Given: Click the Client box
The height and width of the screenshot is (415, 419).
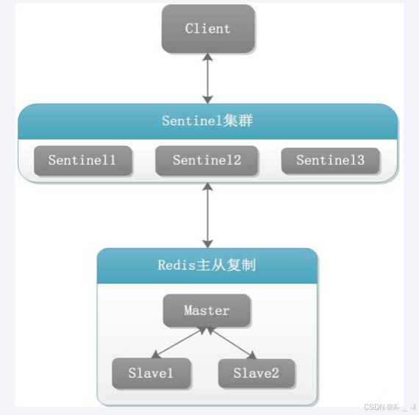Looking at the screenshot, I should [x=207, y=29].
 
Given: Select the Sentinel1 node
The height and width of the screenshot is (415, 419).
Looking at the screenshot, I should [x=82, y=160].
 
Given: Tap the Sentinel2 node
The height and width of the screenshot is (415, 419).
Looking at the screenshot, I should [x=207, y=160].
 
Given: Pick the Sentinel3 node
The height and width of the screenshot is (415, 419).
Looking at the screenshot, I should [x=330, y=160].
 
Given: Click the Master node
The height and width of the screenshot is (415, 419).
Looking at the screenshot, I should [x=207, y=311].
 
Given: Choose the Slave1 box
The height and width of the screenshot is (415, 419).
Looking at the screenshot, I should [x=151, y=373].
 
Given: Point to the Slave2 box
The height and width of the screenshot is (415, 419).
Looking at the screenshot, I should [x=257, y=373].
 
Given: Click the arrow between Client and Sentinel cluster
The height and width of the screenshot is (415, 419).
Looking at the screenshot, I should [x=207, y=77].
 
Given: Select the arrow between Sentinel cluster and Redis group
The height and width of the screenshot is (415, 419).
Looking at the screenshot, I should [x=207, y=216].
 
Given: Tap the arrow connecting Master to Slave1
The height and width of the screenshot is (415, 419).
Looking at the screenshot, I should [x=179, y=344].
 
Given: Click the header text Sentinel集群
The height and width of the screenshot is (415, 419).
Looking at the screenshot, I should [x=207, y=121].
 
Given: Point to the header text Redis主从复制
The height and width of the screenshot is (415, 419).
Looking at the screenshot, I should [x=207, y=265].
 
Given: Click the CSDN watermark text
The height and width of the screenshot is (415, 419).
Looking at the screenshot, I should [x=390, y=407].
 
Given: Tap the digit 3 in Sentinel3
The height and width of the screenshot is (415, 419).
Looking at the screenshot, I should [x=360, y=160].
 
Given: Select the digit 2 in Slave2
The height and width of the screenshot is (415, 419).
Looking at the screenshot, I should [x=275, y=373].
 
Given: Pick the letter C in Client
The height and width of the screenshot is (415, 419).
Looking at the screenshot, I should [x=189, y=29].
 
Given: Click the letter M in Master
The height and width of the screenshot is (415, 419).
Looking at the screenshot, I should [x=188, y=311].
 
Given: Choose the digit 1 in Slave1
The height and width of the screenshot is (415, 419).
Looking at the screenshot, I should [x=170, y=373].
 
